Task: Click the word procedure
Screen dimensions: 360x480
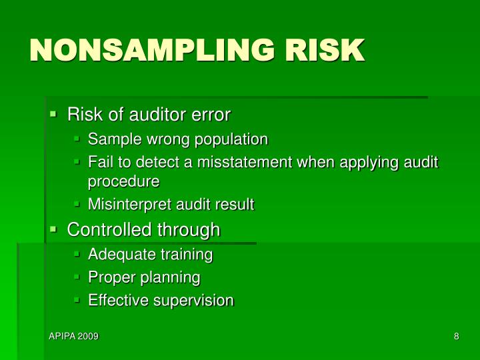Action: point(124,181)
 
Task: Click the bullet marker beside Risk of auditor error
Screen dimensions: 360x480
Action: point(53,115)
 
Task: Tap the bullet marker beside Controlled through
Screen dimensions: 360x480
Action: point(53,230)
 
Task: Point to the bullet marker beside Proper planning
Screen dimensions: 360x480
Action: point(77,277)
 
